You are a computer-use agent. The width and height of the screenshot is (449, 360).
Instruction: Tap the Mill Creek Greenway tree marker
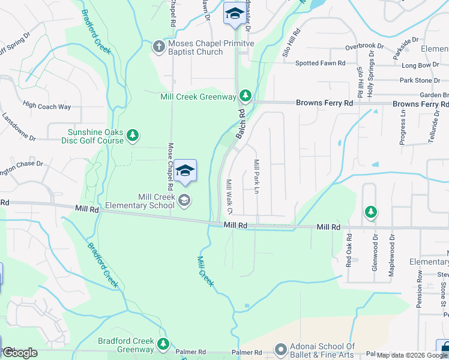(245, 96)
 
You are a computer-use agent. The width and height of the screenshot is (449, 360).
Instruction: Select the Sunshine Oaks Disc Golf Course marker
(133, 136)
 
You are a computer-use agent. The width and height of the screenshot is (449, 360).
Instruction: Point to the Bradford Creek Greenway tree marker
(163, 344)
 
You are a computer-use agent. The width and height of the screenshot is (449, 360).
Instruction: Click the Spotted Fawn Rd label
(320, 63)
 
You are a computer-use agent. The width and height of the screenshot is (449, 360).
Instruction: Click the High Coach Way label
(47, 107)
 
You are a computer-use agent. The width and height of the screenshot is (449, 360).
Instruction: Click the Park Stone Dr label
(420, 80)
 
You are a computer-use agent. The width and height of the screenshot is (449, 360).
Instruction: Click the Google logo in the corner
(20, 353)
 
